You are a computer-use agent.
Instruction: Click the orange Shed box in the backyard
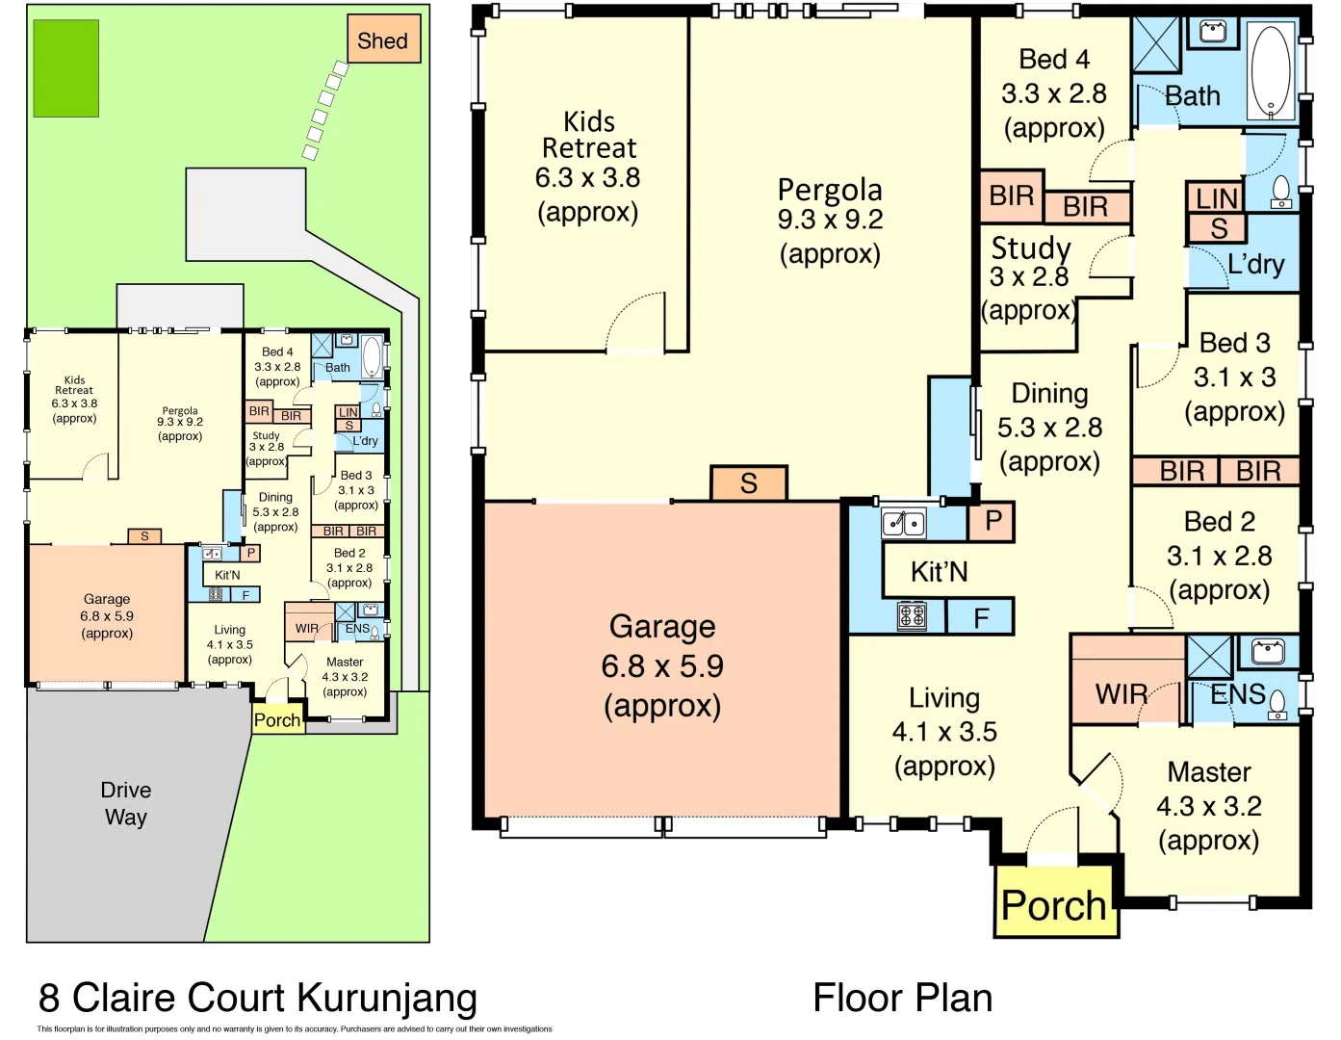click(x=383, y=39)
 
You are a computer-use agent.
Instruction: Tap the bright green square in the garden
click(x=65, y=68)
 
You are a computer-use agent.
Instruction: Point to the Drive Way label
click(x=126, y=803)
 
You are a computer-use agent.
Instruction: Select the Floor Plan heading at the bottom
click(x=902, y=999)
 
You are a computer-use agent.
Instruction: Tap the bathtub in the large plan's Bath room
click(x=1271, y=70)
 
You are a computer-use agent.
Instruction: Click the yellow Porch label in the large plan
click(x=1054, y=905)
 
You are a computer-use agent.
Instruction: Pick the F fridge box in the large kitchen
click(x=980, y=617)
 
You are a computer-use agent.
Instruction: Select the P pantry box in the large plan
click(x=993, y=522)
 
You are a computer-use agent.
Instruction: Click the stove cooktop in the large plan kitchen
click(x=912, y=614)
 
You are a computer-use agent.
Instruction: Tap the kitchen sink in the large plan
click(x=903, y=523)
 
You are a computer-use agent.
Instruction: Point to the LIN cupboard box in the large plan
click(x=1215, y=197)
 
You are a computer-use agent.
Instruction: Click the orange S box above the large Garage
click(x=749, y=482)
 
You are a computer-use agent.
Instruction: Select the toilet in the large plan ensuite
click(x=1277, y=704)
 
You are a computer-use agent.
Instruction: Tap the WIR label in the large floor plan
click(x=1122, y=693)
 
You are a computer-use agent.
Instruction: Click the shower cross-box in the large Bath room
click(x=1156, y=44)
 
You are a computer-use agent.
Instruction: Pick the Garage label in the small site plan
click(x=107, y=599)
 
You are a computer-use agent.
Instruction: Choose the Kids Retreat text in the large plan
click(x=588, y=135)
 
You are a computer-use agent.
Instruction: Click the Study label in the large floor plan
click(x=1031, y=247)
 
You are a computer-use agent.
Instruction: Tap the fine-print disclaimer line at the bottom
click(x=295, y=1029)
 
